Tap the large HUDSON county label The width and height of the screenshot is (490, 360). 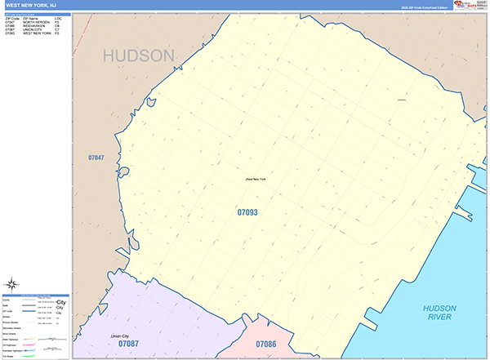tap(139, 56)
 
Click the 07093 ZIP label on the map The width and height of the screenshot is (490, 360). tap(247, 212)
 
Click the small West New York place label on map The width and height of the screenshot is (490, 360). tap(256, 179)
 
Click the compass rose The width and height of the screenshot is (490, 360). tap(13, 285)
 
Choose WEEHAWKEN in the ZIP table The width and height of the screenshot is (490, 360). tap(34, 25)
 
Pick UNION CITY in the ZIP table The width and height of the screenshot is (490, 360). tap(33, 29)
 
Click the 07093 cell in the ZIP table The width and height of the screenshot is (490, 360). tap(10, 33)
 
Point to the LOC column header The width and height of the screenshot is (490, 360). tap(58, 17)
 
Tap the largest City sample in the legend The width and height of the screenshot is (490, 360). tap(60, 301)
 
